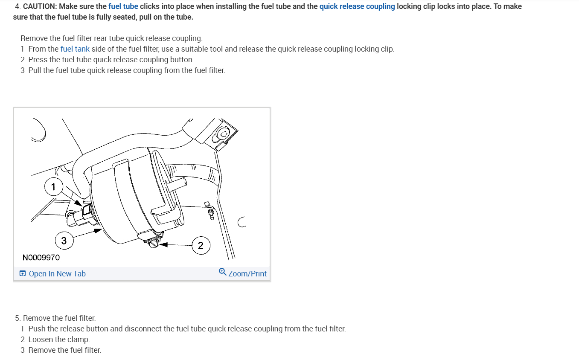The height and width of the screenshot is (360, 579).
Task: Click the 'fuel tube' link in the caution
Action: pos(123,6)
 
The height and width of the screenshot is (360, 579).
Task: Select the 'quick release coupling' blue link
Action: pos(357,6)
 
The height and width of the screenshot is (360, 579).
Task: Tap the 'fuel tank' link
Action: pos(75,49)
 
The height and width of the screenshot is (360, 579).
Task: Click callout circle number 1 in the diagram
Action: pos(53,186)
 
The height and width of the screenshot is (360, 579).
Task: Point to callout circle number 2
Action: pos(201,245)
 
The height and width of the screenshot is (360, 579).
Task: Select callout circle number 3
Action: pos(64,240)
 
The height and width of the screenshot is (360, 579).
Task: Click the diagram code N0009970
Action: pos(41,257)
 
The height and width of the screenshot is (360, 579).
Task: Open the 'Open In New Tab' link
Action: pos(57,273)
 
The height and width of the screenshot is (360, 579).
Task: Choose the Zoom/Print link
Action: pos(247,273)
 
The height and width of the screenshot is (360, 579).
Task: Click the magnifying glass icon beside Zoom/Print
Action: pos(223,272)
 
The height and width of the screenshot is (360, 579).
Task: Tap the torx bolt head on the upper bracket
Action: pos(223,134)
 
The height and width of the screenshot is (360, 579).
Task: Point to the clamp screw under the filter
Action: pos(153,243)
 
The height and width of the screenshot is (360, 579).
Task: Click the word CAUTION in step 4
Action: pos(40,6)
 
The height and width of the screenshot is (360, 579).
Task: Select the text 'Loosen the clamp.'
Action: pos(59,340)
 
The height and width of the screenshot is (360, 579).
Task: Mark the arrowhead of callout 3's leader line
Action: pos(98,230)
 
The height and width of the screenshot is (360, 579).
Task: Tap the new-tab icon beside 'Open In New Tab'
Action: pos(23,273)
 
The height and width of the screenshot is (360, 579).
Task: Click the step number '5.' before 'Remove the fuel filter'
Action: pos(17,318)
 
